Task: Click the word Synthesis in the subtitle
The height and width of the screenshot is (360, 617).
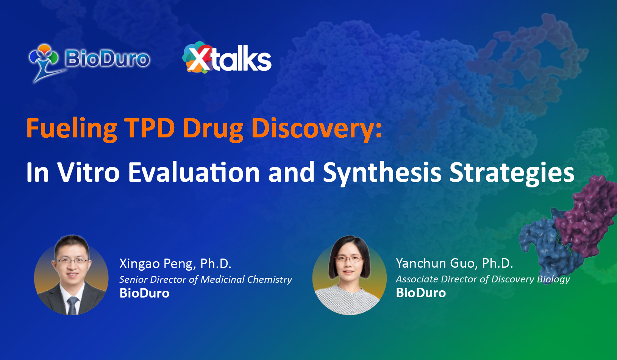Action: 382,173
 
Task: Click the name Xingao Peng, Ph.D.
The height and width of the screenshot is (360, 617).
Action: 175,263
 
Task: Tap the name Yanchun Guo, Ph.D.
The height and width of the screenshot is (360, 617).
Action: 455,263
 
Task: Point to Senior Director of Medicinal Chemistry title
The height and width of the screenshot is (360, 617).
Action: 206,279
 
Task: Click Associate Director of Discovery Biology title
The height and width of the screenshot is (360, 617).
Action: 483,279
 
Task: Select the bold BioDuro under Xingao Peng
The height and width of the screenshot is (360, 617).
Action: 144,293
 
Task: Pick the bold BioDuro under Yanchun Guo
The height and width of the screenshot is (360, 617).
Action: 421,293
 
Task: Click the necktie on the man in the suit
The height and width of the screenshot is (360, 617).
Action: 72,305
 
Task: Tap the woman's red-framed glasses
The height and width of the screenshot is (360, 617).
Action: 348,259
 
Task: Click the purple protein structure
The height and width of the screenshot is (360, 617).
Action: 587,217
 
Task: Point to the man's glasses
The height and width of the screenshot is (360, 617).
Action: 72,261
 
